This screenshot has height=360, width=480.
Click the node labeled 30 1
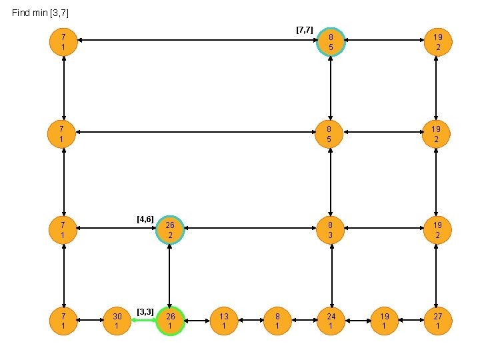tap(117, 321)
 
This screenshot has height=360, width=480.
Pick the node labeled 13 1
tap(224, 321)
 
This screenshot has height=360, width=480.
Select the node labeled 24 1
tap(331, 321)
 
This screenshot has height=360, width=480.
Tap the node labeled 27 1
tap(437, 321)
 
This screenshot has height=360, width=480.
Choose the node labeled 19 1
tap(384, 321)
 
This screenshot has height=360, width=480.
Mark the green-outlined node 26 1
tap(170, 321)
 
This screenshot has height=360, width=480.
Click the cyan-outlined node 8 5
tap(331, 42)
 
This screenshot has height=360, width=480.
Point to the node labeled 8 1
tap(277, 321)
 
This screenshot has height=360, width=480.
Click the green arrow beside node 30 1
tap(143, 321)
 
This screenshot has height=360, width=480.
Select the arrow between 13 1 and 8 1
tap(251, 321)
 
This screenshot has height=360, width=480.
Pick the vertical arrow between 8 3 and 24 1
tap(331, 275)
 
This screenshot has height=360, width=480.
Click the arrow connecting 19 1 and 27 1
tap(411, 321)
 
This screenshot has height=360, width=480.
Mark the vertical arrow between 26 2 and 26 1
tap(170, 275)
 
